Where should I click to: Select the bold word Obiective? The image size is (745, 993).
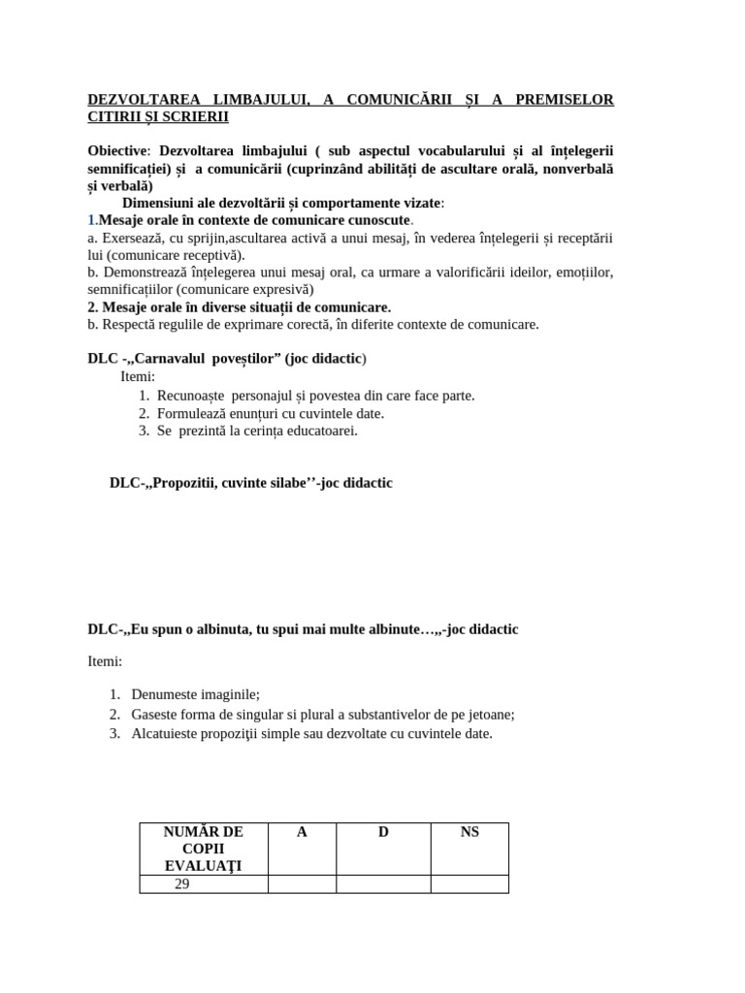[118, 150]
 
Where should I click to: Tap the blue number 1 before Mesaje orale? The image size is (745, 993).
[91, 220]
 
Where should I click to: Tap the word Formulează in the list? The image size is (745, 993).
[189, 413]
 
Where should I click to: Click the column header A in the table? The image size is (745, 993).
[302, 832]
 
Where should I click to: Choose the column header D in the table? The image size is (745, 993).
[383, 832]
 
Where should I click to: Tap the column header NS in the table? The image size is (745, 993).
[470, 832]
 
